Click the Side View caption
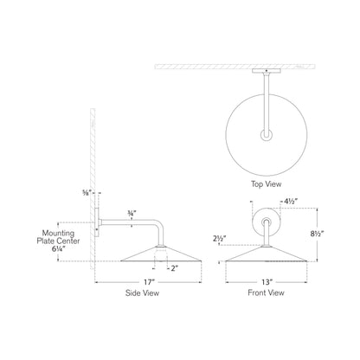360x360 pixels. [141, 294]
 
